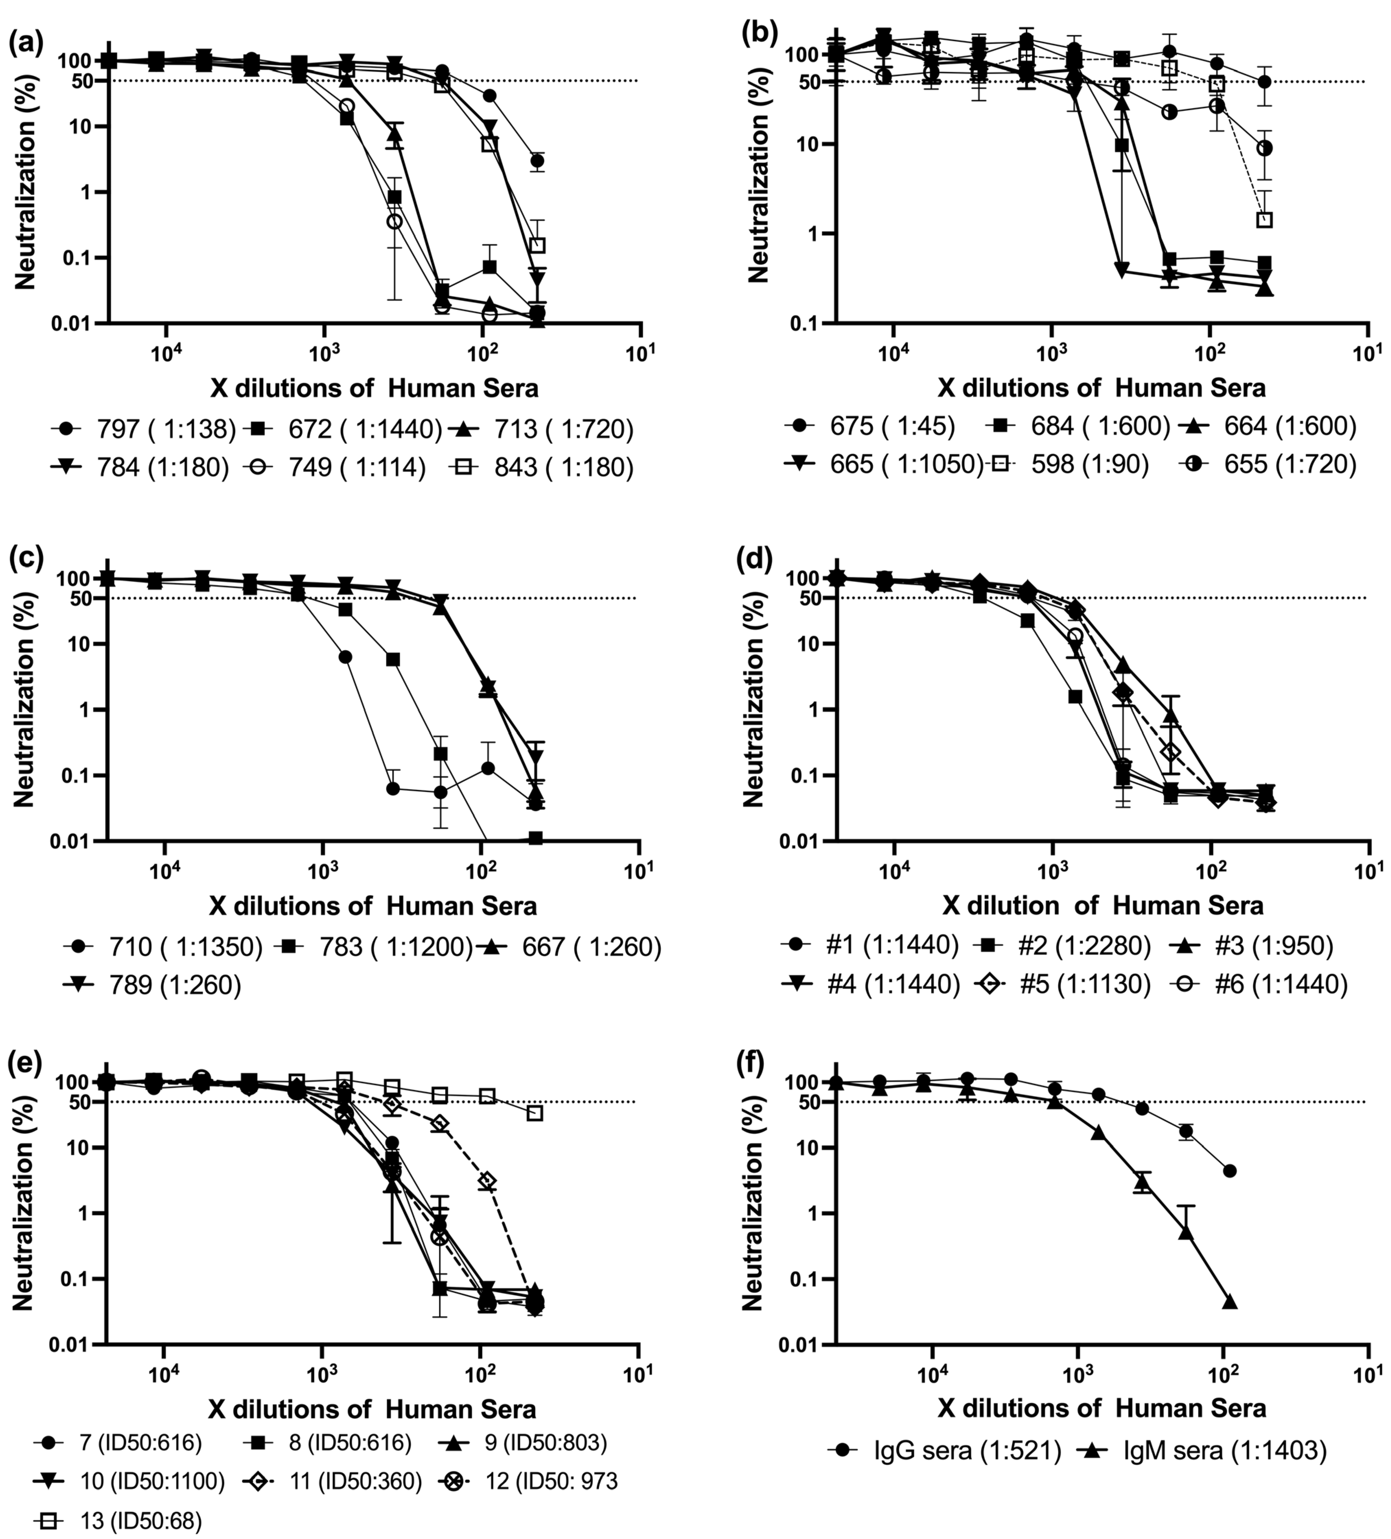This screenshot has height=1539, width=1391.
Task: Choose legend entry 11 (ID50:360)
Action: click(336, 1482)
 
